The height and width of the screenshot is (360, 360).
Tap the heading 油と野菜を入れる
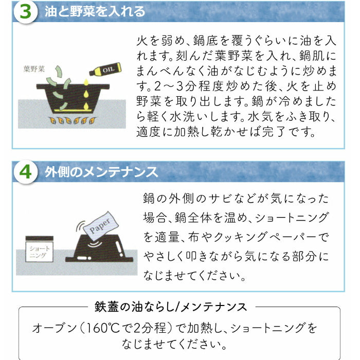pyautogui.click(x=95, y=12)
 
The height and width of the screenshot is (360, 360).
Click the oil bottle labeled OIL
pyautogui.click(x=105, y=69)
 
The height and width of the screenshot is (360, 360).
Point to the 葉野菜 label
pyautogui.click(x=34, y=68)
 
